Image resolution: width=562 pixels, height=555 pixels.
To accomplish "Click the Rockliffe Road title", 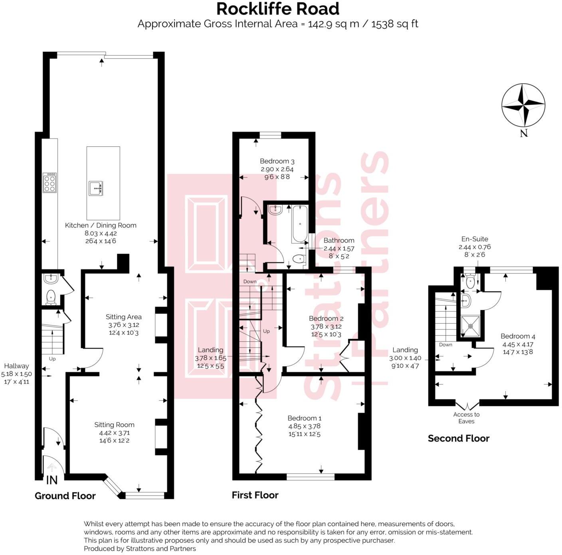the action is pyautogui.click(x=278, y=9).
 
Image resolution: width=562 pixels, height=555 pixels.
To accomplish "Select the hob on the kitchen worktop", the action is pyautogui.click(x=50, y=183).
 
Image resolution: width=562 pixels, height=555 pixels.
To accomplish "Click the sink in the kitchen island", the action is pyautogui.click(x=96, y=188).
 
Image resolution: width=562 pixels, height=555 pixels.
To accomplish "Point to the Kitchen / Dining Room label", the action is pyautogui.click(x=101, y=225).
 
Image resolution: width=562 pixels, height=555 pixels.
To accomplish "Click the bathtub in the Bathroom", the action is pyautogui.click(x=299, y=224).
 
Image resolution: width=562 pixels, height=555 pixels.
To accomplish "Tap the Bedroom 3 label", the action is pyautogui.click(x=277, y=161).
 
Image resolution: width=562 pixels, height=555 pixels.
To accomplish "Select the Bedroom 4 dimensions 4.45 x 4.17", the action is pyautogui.click(x=518, y=344).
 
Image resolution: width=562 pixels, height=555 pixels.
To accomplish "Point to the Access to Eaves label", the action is pyautogui.click(x=466, y=418).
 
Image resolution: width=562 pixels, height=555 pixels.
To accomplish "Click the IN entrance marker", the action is pyautogui.click(x=52, y=480).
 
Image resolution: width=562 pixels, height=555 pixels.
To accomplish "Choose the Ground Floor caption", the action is pyautogui.click(x=65, y=496).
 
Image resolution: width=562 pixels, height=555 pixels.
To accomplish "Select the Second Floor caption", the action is pyautogui.click(x=458, y=439).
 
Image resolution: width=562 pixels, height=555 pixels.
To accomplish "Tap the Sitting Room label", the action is pyautogui.click(x=114, y=425).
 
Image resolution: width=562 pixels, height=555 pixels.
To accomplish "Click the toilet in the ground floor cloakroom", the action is pyautogui.click(x=51, y=297).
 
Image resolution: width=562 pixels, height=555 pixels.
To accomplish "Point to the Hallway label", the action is pyautogui.click(x=16, y=366).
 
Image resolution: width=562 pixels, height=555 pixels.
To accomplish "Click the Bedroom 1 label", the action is pyautogui.click(x=304, y=418).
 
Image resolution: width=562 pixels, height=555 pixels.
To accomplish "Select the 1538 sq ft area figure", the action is pyautogui.click(x=394, y=24).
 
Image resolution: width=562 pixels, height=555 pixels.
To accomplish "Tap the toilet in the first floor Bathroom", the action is pyautogui.click(x=298, y=259).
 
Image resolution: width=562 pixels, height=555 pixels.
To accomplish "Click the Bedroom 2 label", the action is pyautogui.click(x=326, y=319).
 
